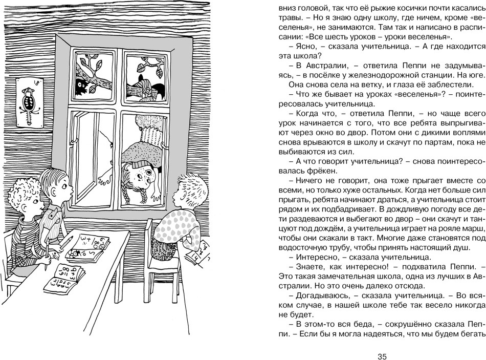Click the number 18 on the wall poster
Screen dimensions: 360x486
(35, 81)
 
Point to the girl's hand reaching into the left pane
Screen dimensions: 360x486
(106, 177)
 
